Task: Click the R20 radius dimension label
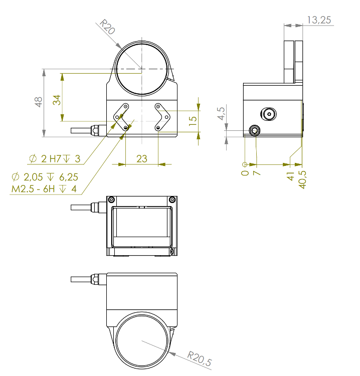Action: tap(107, 27)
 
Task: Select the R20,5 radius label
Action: tap(200, 359)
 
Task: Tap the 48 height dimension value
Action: tap(39, 102)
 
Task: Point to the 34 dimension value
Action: tap(57, 100)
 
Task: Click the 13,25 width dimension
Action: tap(319, 20)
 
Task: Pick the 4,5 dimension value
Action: tap(221, 113)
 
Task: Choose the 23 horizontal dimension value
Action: tap(142, 159)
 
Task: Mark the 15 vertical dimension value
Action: tap(193, 121)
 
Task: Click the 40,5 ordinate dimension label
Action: tap(302, 179)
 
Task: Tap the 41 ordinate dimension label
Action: tap(290, 176)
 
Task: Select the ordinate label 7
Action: tap(257, 173)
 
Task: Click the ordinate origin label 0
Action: tap(245, 173)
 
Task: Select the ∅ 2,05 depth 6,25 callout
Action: tap(45, 177)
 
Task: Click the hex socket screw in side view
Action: tap(269, 114)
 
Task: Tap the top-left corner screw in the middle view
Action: tap(111, 200)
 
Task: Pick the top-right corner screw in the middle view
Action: tap(172, 200)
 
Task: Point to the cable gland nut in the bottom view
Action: tap(95, 279)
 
